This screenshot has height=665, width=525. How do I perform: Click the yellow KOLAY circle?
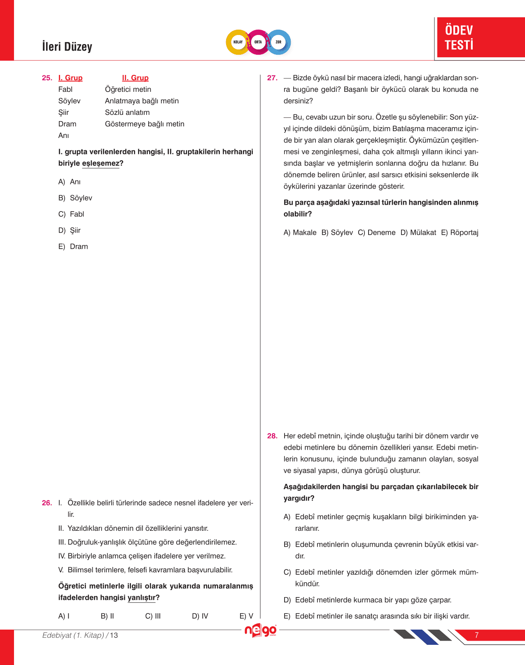click(238, 42)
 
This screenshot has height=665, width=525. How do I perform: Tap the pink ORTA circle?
click(258, 42)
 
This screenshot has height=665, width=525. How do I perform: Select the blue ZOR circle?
click(278, 42)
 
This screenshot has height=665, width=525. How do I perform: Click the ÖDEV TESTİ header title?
click(459, 37)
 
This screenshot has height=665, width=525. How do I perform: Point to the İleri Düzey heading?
click(67, 47)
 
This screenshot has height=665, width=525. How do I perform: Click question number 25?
click(47, 78)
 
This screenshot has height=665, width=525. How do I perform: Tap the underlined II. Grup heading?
click(135, 78)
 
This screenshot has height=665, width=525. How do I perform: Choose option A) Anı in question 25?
click(70, 182)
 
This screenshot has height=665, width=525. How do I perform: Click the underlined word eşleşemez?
click(100, 163)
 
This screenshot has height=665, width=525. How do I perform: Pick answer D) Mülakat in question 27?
click(418, 233)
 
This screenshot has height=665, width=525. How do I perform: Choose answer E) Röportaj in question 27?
click(460, 233)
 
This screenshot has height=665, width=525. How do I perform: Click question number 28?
click(272, 436)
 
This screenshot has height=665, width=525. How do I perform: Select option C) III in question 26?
click(153, 616)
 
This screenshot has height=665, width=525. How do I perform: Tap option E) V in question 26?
click(246, 616)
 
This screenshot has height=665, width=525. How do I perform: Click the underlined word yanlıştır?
click(141, 598)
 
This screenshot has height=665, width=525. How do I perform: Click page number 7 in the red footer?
click(476, 635)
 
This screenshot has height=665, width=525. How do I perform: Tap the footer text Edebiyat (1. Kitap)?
click(73, 635)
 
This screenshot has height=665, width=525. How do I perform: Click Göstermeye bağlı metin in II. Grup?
click(145, 124)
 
